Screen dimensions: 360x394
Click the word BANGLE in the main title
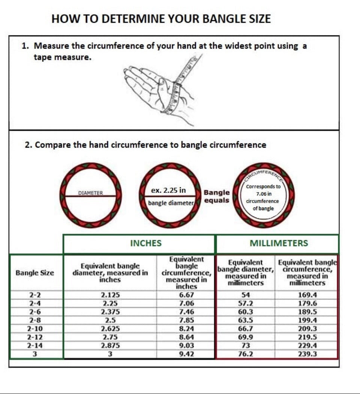[x=218, y=19]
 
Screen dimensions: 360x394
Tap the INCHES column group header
[x=146, y=243]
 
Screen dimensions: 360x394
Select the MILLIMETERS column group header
[x=279, y=243]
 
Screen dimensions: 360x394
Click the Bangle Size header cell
[x=35, y=273]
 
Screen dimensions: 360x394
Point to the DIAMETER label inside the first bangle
[x=91, y=193]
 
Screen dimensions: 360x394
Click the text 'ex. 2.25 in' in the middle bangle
[x=168, y=190]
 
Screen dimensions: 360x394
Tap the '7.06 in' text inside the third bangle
[x=264, y=194]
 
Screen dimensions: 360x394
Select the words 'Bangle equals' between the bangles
[x=217, y=196]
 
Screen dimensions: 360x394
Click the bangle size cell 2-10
[x=35, y=329]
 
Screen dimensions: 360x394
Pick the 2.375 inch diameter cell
[x=110, y=312]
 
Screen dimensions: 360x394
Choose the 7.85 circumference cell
[x=186, y=320]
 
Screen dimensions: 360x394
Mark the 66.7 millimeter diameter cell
[x=246, y=329]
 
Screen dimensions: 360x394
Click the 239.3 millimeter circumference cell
[x=307, y=354]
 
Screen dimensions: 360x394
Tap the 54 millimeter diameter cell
[x=246, y=295]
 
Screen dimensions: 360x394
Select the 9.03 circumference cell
[x=186, y=346]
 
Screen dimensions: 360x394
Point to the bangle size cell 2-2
[x=35, y=295]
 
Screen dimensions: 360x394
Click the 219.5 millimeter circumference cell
[x=307, y=337]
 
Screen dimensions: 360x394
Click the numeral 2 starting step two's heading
[x=27, y=145]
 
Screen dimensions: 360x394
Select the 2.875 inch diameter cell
[x=110, y=346]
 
